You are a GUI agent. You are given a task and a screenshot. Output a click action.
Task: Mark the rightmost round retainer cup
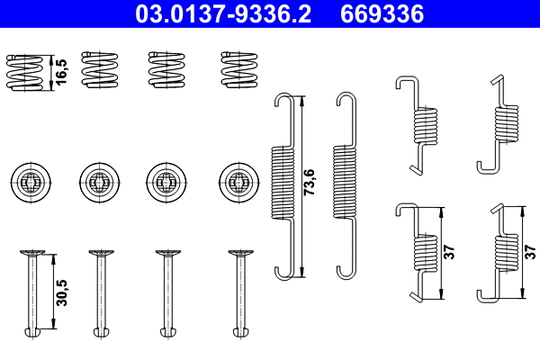[237, 180]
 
